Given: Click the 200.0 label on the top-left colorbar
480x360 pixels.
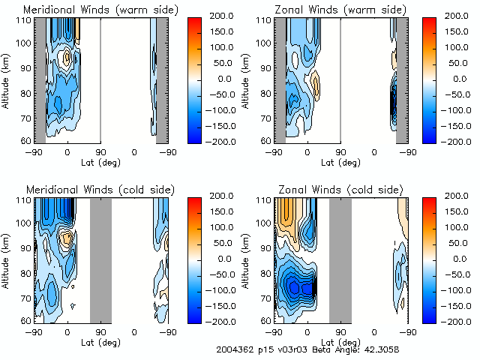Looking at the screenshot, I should (x=223, y=15).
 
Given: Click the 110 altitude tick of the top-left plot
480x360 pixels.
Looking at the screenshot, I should (x=25, y=19).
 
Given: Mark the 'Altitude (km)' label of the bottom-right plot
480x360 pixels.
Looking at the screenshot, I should (x=247, y=259).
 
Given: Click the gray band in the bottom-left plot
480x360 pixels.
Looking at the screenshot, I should (x=100, y=259).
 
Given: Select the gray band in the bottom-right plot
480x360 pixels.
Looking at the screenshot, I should (x=340, y=259).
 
